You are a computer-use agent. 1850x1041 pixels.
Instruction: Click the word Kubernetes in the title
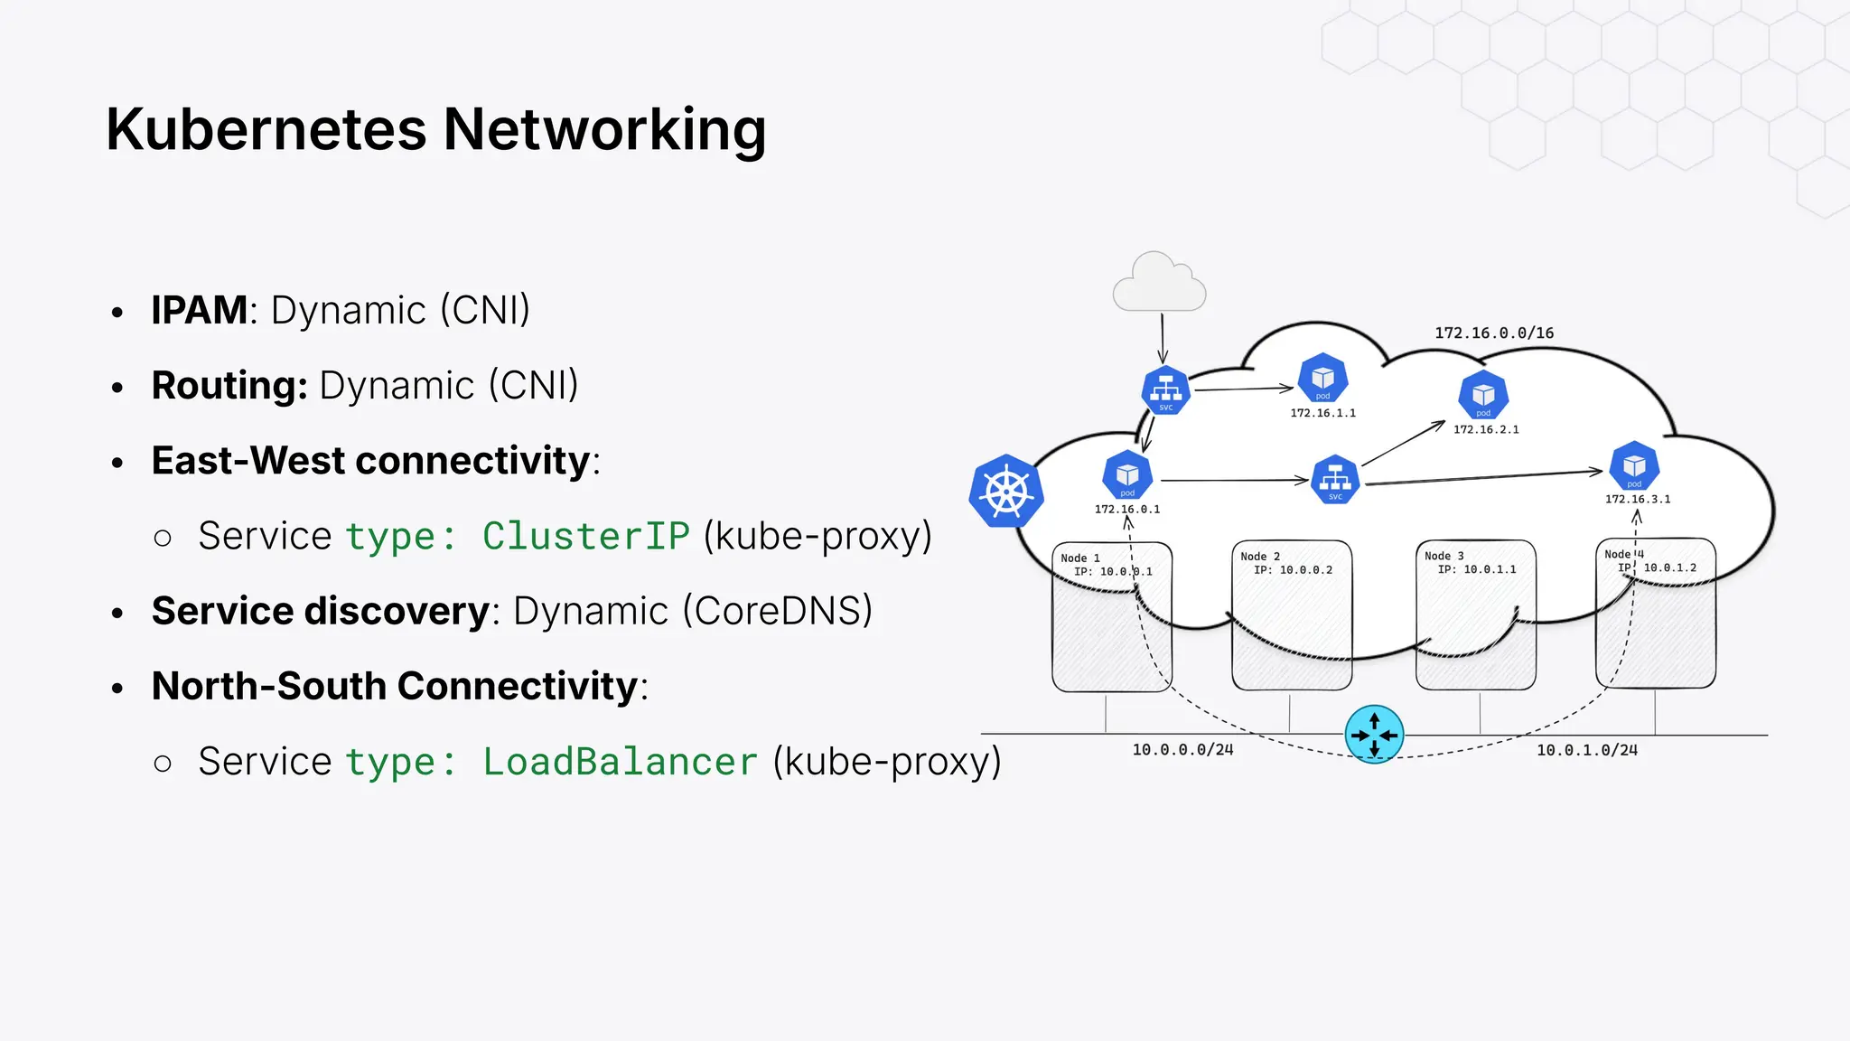pyautogui.click(x=266, y=129)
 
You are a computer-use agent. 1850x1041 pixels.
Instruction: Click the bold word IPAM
pyautogui.click(x=199, y=310)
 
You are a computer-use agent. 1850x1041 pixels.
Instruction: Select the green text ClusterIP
pyautogui.click(x=585, y=536)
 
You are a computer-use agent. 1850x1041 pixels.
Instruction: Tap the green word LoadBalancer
pyautogui.click(x=620, y=762)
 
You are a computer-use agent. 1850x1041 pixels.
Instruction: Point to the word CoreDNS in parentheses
pyautogui.click(x=778, y=611)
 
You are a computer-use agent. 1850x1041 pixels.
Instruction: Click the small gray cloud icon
pyautogui.click(x=1159, y=284)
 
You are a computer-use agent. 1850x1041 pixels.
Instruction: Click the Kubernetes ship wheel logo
pyautogui.click(x=1006, y=492)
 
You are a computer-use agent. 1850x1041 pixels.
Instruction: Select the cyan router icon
pyautogui.click(x=1374, y=735)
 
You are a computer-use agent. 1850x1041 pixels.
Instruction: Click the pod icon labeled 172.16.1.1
pyautogui.click(x=1322, y=378)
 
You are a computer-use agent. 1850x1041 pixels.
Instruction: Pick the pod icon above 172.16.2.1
pyautogui.click(x=1483, y=395)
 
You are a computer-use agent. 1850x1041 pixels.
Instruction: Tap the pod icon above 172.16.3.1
pyautogui.click(x=1634, y=465)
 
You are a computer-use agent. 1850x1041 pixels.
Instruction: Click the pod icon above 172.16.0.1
pyautogui.click(x=1127, y=474)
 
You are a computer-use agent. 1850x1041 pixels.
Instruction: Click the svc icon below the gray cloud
pyautogui.click(x=1165, y=390)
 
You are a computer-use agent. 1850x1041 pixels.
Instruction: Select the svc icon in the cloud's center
pyautogui.click(x=1335, y=480)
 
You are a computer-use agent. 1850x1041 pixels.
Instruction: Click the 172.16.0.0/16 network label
pyautogui.click(x=1494, y=333)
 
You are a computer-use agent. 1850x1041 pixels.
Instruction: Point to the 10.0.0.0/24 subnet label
pyautogui.click(x=1182, y=750)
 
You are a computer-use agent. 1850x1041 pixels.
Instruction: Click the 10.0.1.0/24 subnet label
pyautogui.click(x=1587, y=750)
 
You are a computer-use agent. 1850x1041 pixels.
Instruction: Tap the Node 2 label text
pyautogui.click(x=1260, y=557)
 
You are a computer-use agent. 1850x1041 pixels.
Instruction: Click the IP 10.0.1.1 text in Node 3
pyautogui.click(x=1477, y=569)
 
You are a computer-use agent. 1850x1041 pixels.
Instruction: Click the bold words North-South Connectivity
pyautogui.click(x=396, y=686)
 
